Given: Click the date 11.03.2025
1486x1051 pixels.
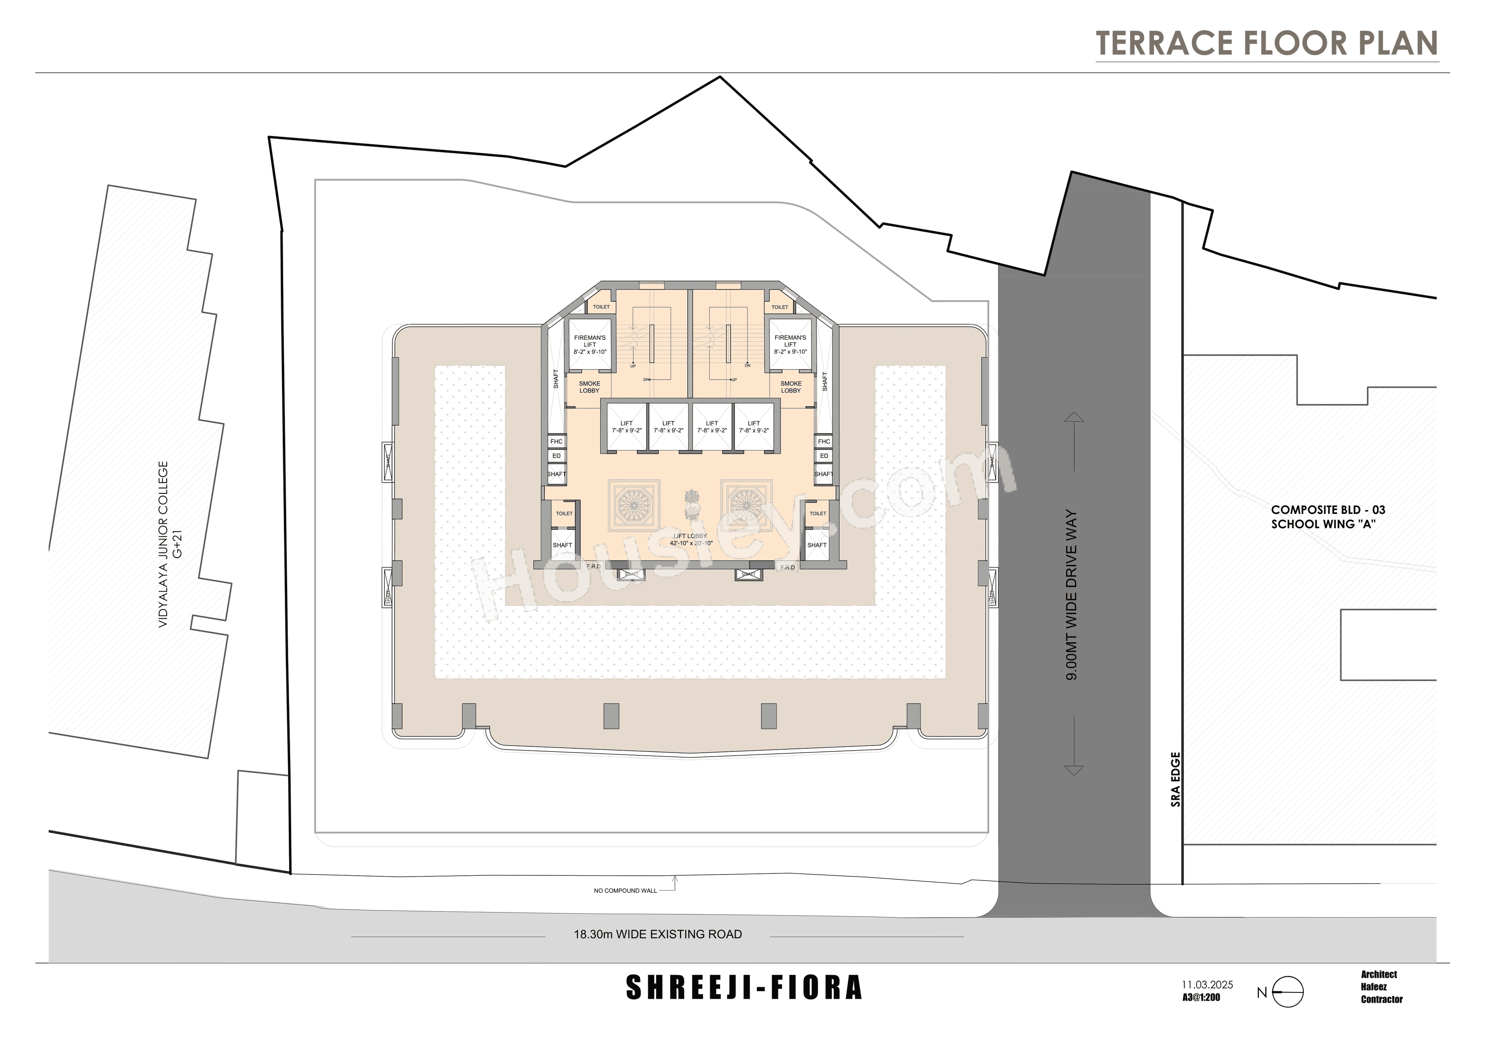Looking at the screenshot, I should click(1207, 984).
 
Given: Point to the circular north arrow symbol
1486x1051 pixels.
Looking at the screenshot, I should click(1287, 991).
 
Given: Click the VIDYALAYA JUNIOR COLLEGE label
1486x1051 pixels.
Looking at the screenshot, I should click(163, 544).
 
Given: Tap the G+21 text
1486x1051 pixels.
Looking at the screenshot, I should click(178, 544).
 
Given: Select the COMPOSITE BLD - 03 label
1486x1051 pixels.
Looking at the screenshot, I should click(1328, 510).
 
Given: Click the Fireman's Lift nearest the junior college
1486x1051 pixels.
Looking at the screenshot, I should click(590, 345).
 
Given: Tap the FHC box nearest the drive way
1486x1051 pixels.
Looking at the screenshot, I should click(824, 442).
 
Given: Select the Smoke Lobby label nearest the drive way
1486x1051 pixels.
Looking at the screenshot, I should click(791, 387).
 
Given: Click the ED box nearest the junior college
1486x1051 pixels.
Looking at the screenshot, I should click(556, 455).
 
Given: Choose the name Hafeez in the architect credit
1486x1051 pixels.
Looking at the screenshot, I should click(1374, 987).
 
